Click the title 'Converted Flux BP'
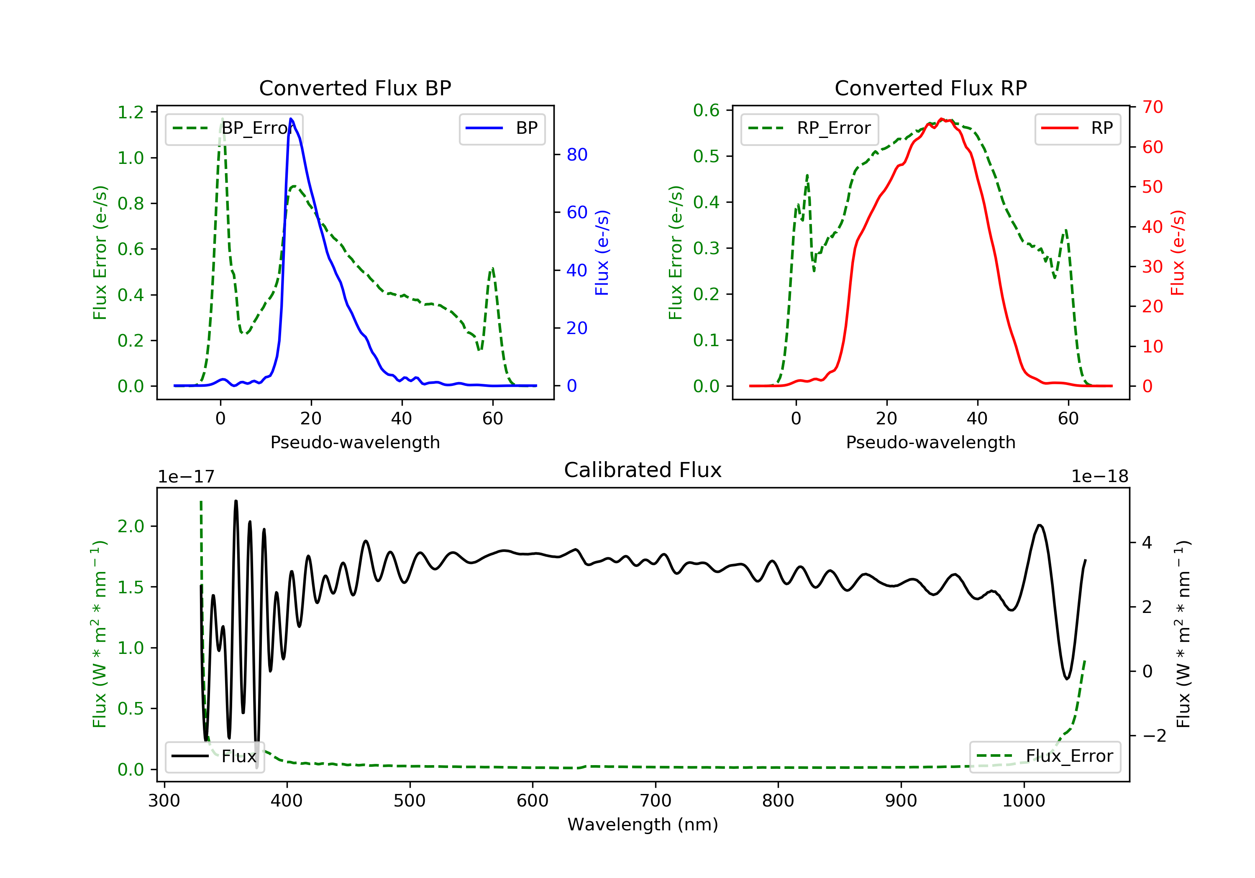tap(355, 88)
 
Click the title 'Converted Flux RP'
tap(930, 88)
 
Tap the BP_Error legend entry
tap(234, 128)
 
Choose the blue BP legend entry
tap(502, 128)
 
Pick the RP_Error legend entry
tap(809, 128)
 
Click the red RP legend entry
tap(1077, 128)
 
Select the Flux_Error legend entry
tap(1045, 756)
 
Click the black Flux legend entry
tap(214, 756)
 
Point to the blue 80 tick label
tap(576, 155)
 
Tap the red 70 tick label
tap(1152, 107)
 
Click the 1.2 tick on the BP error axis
tap(131, 112)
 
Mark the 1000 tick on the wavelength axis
tap(1023, 801)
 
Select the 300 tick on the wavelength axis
tap(164, 801)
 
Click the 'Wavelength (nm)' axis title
tap(643, 824)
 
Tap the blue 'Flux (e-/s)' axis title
tap(602, 253)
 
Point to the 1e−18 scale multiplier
tap(1100, 477)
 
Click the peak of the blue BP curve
tap(291, 119)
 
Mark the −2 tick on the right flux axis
tap(1153, 736)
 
